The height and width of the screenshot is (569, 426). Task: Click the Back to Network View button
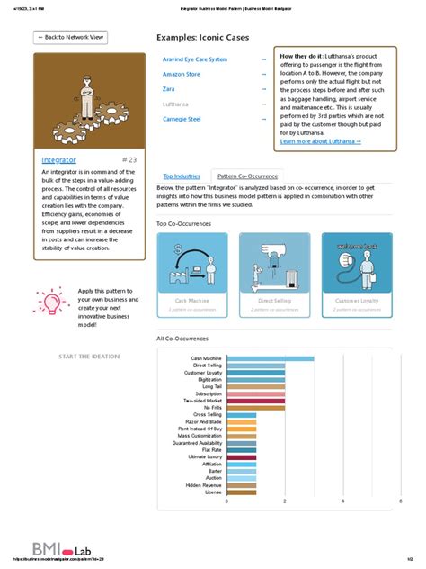[x=71, y=38]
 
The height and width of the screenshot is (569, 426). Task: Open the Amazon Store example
[x=182, y=75]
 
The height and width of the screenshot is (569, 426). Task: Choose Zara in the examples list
[x=169, y=89]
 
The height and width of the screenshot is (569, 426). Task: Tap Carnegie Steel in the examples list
[x=182, y=119]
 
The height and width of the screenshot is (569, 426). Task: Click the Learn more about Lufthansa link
[x=321, y=141]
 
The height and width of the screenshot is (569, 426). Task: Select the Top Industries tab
[x=182, y=176]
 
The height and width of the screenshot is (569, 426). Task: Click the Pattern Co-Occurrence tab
[x=248, y=176]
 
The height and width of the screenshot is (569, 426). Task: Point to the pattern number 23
[x=128, y=159]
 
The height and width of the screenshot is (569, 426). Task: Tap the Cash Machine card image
[x=192, y=262]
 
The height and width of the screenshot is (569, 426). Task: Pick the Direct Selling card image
[x=275, y=262]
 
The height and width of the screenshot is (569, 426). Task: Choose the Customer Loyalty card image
[x=357, y=262]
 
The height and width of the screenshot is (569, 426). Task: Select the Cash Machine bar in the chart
[x=271, y=358]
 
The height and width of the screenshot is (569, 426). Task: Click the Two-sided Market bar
[x=256, y=401]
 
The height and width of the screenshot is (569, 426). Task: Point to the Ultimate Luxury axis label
[x=203, y=456]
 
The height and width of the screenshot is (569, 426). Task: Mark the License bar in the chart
[x=237, y=492]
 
